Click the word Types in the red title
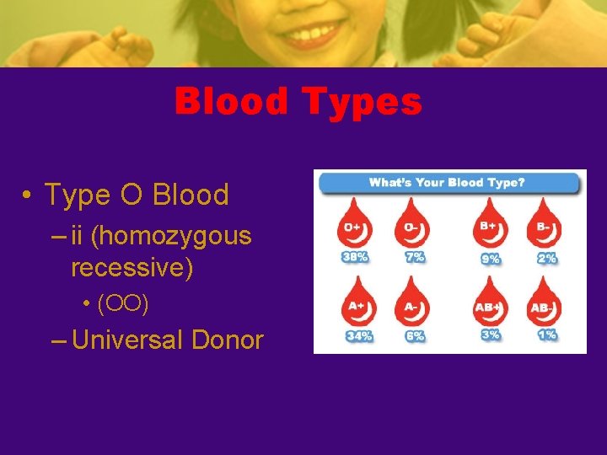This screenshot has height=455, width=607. tap(363, 103)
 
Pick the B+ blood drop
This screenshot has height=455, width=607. tap(489, 227)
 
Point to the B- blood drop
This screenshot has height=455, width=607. tap(544, 227)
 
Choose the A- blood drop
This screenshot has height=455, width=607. tap(413, 304)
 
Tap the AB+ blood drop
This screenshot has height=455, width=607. tap(489, 304)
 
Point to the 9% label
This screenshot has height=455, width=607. tap(490, 258)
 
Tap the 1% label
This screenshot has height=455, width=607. tap(547, 335)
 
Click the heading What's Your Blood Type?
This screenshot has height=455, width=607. tap(449, 183)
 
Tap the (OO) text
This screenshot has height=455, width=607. tap(123, 303)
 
